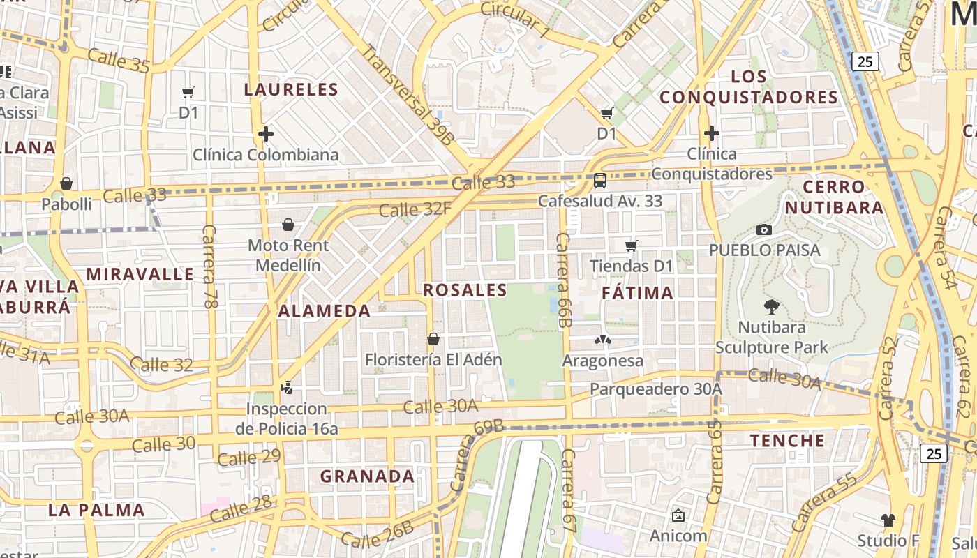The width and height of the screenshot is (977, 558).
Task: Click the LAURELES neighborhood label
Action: click(291, 89)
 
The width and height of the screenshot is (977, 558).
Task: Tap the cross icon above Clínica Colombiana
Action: click(265, 133)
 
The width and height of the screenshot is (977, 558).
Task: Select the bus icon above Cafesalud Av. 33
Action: click(599, 181)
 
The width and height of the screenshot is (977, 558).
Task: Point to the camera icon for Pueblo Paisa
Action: click(764, 229)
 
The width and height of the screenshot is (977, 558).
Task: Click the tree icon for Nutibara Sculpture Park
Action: click(771, 307)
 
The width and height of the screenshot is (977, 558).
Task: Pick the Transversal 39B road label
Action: click(408, 94)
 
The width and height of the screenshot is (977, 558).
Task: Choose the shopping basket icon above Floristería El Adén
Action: click(433, 339)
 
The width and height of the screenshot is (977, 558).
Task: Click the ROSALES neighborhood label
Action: click(465, 290)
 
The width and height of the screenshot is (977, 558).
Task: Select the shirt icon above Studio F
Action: click(888, 520)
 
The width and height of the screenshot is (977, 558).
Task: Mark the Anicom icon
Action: click(678, 515)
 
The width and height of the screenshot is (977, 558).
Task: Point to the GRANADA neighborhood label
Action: click(367, 476)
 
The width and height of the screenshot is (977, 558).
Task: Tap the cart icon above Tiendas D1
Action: click(631, 246)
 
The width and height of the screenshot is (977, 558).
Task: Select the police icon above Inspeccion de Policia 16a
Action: click(286, 387)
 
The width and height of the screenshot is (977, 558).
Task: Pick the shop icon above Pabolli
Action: click(66, 183)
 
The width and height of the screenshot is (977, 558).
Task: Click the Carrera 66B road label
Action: click(564, 280)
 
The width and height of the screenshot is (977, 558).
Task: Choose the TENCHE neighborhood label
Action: click(787, 441)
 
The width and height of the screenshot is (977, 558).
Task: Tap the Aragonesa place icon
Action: click(602, 340)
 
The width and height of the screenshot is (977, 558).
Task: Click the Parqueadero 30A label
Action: click(655, 389)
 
